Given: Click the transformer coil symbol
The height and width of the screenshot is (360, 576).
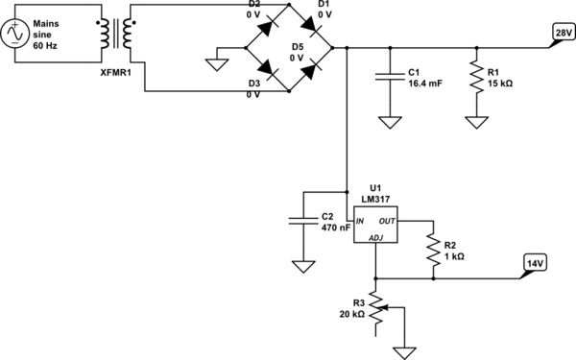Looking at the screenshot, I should [x=120, y=34].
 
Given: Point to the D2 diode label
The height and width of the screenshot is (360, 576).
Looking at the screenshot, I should [x=253, y=5].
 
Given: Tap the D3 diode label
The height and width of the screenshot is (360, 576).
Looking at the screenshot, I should [x=253, y=84].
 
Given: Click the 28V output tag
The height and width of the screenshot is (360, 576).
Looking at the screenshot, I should [x=560, y=34].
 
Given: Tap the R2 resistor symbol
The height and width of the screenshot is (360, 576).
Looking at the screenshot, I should [x=434, y=245].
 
